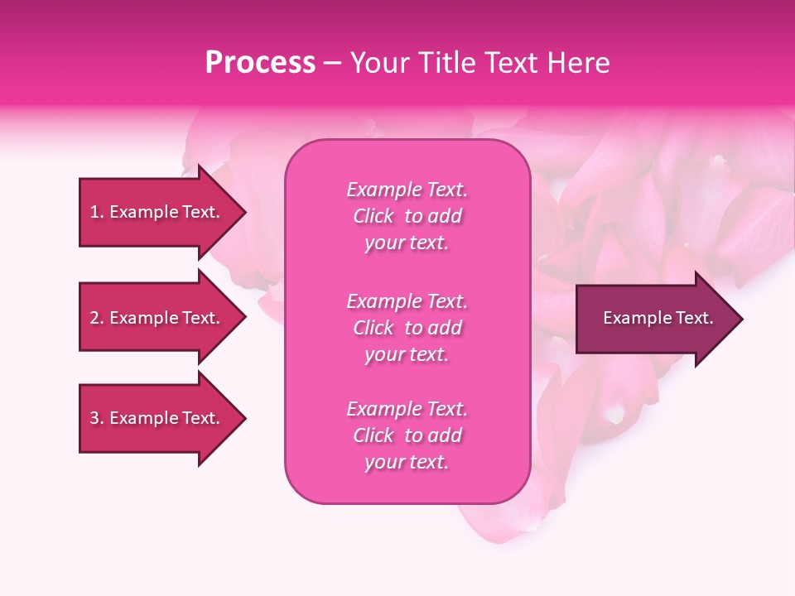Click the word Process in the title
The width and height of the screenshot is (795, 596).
260,63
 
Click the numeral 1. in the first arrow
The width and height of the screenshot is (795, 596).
97,212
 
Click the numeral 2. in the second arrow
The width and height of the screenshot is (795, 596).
97,318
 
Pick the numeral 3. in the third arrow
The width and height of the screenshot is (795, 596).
97,418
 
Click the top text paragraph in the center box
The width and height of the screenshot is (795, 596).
407,216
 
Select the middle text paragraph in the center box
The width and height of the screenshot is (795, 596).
407,328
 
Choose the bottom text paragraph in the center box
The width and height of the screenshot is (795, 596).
407,435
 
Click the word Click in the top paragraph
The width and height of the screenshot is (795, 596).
373,216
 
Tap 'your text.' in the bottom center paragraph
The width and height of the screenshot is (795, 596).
407,462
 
